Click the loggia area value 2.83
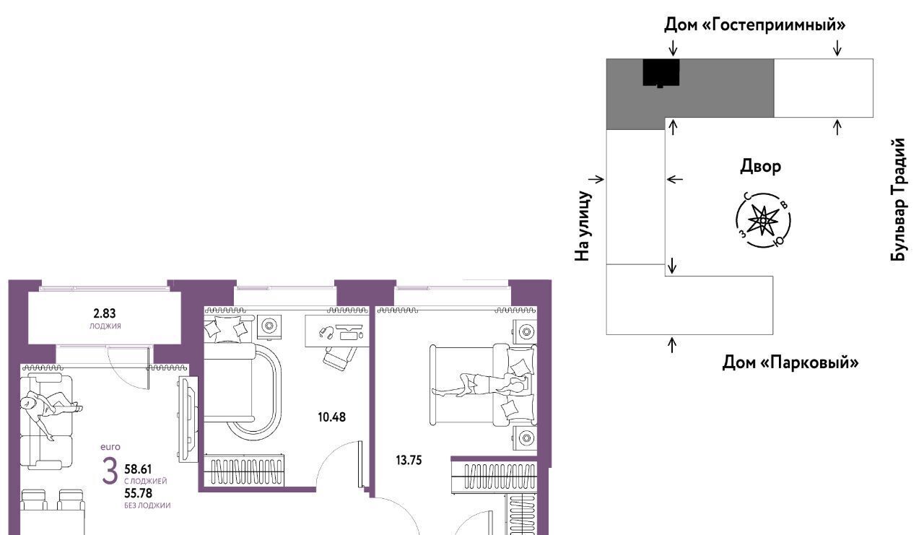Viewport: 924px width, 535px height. (105, 313)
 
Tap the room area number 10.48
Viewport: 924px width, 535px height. (331, 417)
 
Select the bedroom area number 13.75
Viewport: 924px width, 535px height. (409, 460)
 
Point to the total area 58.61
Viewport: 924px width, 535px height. (138, 469)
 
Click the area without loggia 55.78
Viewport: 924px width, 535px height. (138, 493)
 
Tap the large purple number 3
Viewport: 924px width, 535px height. (110, 472)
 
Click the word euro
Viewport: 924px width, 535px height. (110, 447)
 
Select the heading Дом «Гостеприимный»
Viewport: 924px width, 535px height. (754, 25)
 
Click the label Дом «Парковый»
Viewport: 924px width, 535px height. (790, 362)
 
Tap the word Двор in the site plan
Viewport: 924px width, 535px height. (760, 167)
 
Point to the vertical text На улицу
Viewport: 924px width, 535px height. (583, 226)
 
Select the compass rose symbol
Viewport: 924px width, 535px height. (763, 220)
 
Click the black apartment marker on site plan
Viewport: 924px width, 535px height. (661, 73)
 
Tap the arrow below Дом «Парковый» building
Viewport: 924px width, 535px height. (672, 345)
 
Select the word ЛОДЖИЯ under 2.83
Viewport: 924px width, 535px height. (105, 326)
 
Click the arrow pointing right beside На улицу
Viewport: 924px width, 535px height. (596, 179)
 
